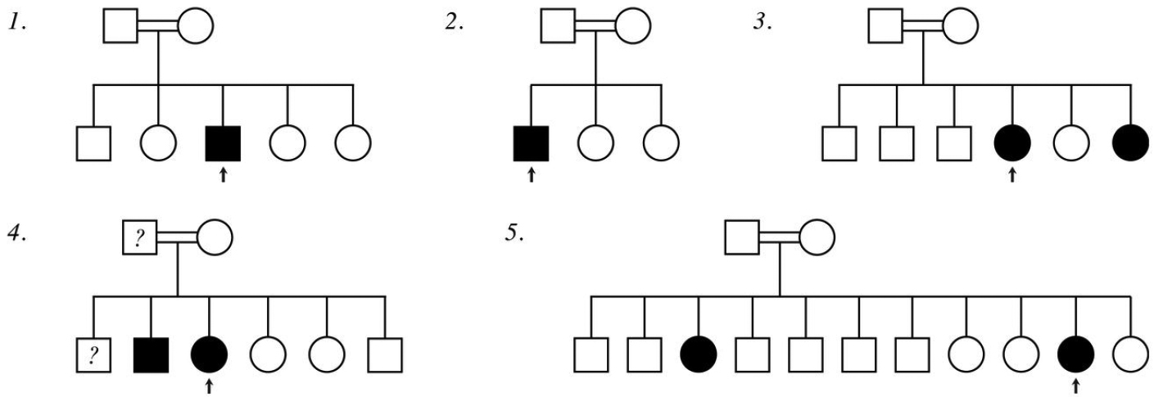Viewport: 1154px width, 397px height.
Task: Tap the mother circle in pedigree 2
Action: point(632,27)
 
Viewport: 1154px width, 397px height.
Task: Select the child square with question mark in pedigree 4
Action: point(95,354)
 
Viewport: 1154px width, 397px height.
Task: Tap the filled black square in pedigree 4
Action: point(151,354)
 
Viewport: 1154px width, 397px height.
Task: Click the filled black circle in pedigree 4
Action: point(210,354)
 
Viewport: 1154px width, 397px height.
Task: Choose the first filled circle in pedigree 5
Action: point(699,354)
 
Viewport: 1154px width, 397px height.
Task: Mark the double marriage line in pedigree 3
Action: point(925,27)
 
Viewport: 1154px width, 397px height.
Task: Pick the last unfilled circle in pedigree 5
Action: point(1131,354)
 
